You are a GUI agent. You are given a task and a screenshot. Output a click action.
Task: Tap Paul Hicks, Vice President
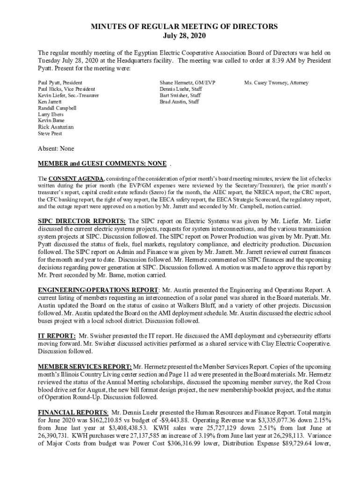pos(66,89)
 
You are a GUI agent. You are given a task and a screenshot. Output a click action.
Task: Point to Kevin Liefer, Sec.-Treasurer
pos(68,95)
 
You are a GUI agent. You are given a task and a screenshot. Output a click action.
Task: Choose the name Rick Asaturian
pos(56,127)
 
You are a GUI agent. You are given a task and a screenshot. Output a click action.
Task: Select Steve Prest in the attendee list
pos(50,133)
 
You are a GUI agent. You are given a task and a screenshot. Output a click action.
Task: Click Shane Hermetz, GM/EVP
pos(184,83)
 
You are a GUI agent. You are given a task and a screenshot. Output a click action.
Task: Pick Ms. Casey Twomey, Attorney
pos(276,83)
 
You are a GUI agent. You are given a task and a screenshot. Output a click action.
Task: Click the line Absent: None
pos(56,149)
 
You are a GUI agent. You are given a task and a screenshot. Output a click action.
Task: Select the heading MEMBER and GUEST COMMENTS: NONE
pos(102,163)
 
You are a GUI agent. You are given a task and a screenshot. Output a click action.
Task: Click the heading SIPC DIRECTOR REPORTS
pos(82,221)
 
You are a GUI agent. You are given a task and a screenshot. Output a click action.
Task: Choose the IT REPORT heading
pos(57,336)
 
